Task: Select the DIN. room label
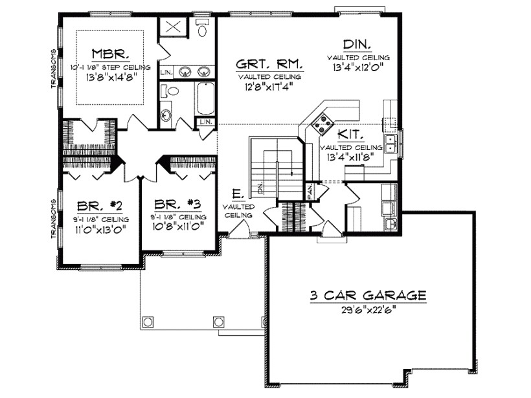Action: click(357, 44)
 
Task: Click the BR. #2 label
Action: click(100, 206)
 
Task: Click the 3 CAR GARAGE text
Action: click(367, 296)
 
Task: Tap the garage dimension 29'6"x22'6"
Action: click(367, 309)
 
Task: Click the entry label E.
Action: click(237, 194)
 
